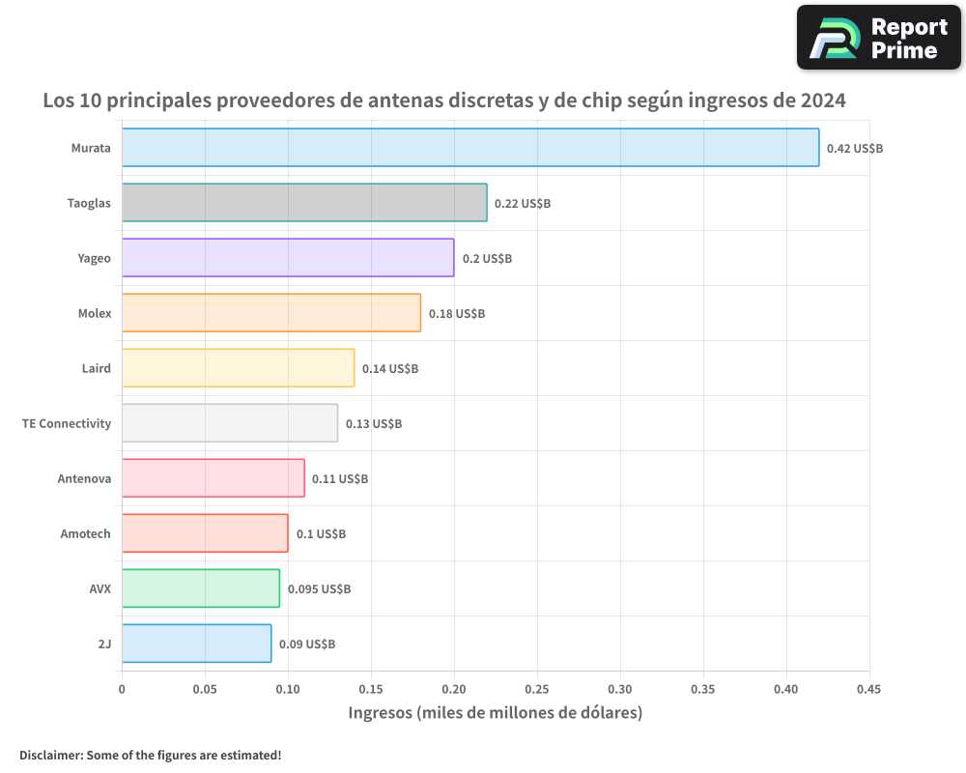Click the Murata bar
[470, 148]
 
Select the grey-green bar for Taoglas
[304, 203]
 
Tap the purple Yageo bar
[288, 258]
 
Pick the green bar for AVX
[201, 588]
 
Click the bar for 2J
[196, 644]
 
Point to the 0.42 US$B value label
[854, 149]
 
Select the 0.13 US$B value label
[374, 424]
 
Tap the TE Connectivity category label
[67, 423]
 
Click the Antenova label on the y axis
[84, 478]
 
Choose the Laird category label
[97, 368]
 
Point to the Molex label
[95, 313]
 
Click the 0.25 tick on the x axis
[537, 689]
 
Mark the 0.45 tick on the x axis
[868, 689]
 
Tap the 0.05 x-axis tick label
[205, 689]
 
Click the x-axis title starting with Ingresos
[495, 713]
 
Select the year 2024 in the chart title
[823, 100]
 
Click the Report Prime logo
[879, 38]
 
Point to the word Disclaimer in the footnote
[50, 755]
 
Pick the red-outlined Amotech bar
[205, 533]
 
